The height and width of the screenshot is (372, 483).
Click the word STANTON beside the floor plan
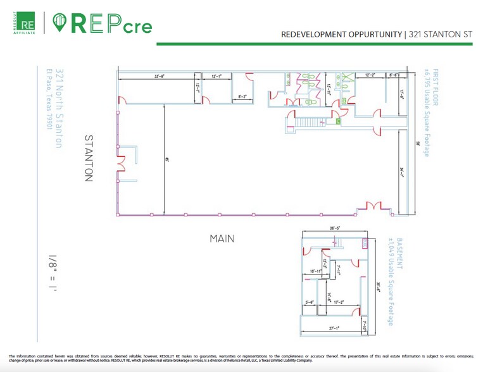click(89, 158)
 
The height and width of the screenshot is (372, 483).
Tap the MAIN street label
click(222, 239)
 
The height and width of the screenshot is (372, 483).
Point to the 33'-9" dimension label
click(160, 76)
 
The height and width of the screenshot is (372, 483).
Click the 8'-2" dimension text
click(242, 97)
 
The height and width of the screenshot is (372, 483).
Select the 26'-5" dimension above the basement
click(336, 228)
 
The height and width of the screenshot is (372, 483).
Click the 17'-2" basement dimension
click(339, 302)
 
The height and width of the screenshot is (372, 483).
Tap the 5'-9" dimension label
click(310, 302)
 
